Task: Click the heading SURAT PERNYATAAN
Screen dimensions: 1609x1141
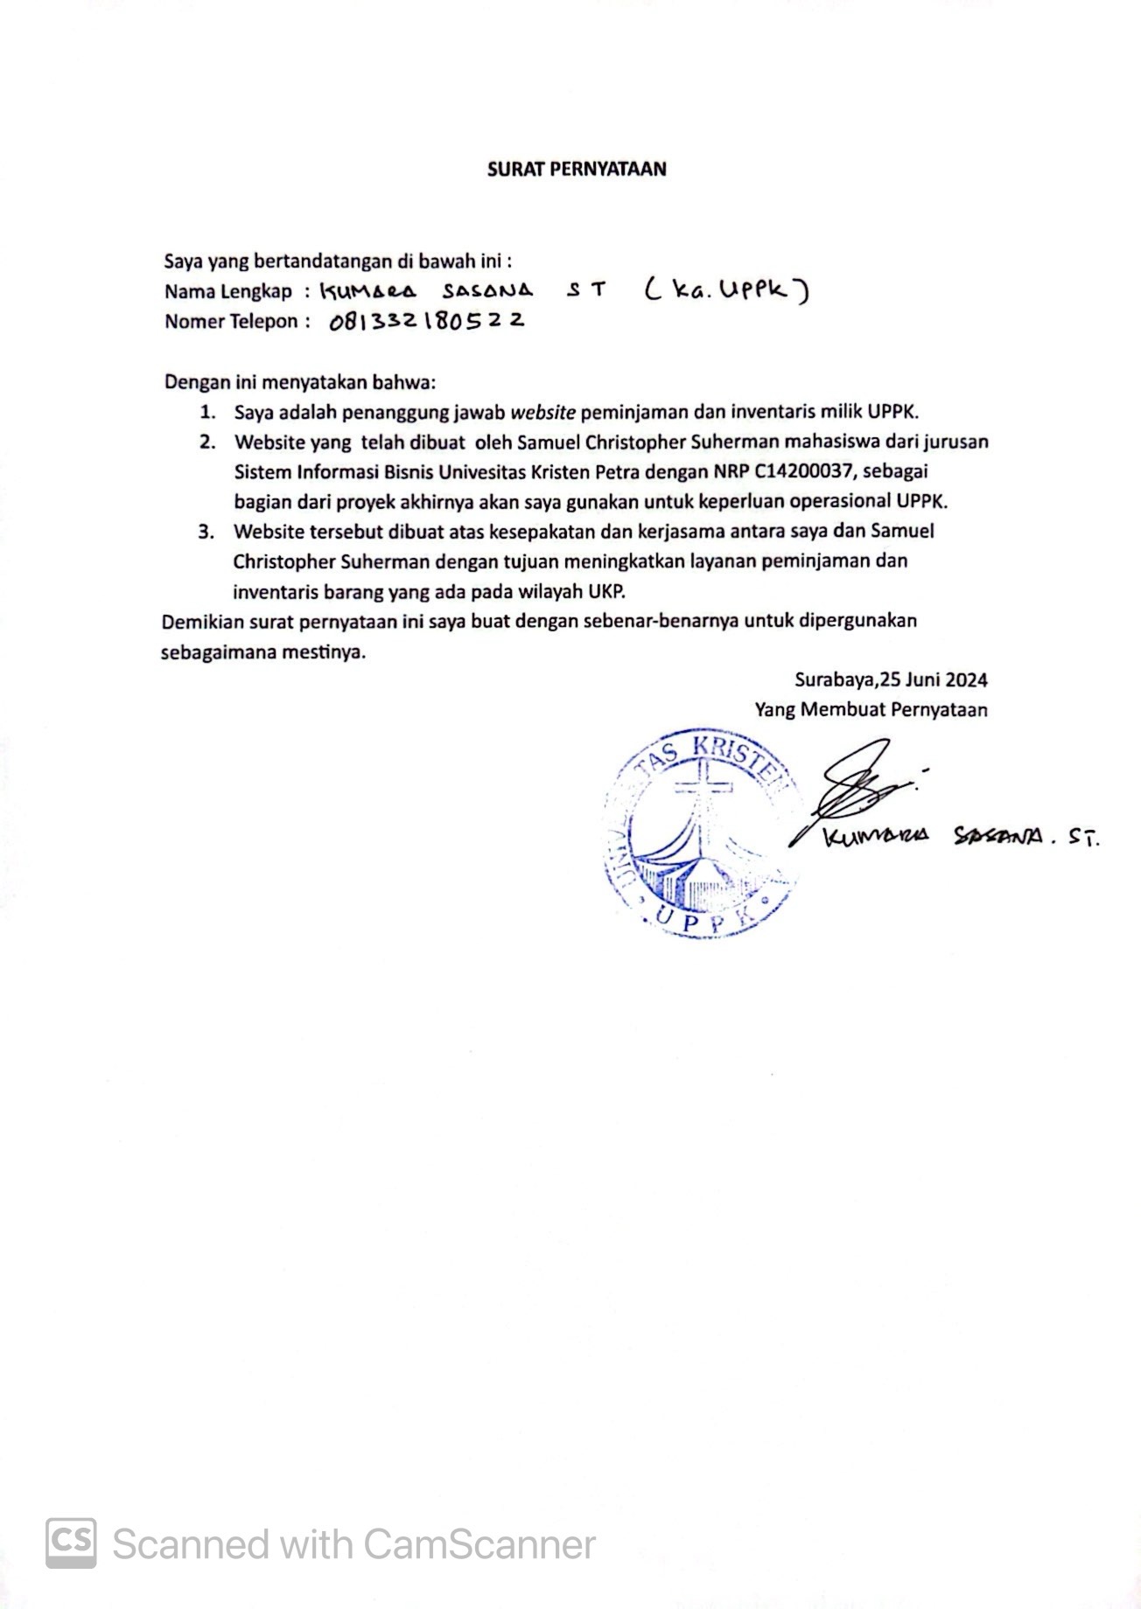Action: [x=576, y=170]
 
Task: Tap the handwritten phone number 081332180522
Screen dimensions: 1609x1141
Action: [x=427, y=322]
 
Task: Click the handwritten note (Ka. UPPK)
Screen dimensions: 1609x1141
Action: [x=725, y=289]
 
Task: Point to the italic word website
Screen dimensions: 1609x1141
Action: [x=542, y=412]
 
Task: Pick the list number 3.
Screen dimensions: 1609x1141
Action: [x=206, y=532]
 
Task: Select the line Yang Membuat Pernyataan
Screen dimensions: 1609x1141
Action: [x=871, y=710]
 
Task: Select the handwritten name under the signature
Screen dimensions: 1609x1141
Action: [x=960, y=837]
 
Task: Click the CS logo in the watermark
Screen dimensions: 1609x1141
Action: [x=71, y=1543]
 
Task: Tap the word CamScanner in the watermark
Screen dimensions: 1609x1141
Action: [x=479, y=1544]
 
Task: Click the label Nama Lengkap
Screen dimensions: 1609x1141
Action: [x=227, y=291]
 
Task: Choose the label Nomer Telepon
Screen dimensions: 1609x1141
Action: [x=231, y=322]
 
